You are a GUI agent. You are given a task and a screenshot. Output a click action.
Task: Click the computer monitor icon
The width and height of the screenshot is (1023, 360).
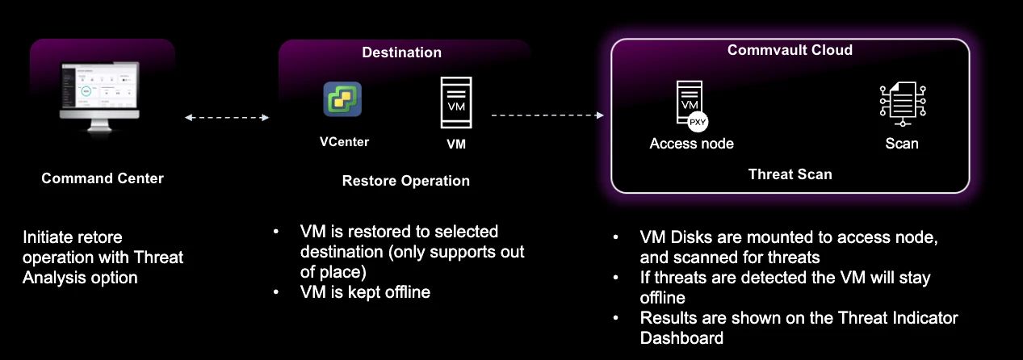coord(99,97)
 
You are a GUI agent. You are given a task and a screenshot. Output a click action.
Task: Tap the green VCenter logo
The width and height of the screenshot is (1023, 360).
coord(342,99)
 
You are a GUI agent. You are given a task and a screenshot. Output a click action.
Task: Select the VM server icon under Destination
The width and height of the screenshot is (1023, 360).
coord(456,103)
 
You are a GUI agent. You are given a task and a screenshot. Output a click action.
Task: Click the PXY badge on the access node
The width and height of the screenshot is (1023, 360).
coord(698,122)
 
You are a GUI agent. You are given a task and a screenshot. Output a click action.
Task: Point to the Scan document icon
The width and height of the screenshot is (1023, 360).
coord(903,103)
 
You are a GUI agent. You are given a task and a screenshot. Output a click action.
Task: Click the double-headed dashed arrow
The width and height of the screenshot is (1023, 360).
coord(227,117)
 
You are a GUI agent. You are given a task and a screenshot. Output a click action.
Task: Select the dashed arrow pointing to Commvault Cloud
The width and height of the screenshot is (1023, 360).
coord(547,115)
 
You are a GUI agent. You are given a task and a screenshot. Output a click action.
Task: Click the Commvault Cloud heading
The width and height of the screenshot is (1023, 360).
coord(790,50)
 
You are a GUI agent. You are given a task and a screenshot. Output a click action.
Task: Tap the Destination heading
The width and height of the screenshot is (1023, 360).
coord(402,52)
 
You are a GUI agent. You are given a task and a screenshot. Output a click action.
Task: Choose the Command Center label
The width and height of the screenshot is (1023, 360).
coord(103,178)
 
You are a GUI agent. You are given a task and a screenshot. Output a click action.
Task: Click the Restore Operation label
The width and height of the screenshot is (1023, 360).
coord(406,181)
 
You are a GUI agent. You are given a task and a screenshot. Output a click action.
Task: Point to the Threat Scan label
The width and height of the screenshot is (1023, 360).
coord(790,174)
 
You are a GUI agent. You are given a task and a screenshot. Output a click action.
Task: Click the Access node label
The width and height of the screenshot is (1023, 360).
coord(691,143)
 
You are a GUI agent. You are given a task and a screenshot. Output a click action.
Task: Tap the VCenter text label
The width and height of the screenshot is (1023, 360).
coord(344,142)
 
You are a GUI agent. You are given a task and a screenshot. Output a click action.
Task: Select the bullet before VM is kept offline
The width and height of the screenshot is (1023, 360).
coord(276,292)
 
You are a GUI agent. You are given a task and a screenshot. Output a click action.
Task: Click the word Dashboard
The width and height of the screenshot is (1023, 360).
coord(681,337)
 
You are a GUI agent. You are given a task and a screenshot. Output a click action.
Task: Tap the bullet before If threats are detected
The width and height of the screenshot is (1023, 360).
coord(615,278)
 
